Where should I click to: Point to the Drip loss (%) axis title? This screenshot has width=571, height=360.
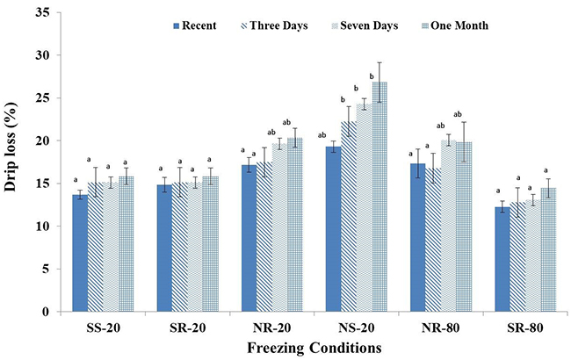point(15,162)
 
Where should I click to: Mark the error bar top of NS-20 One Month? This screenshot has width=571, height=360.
point(379,62)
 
